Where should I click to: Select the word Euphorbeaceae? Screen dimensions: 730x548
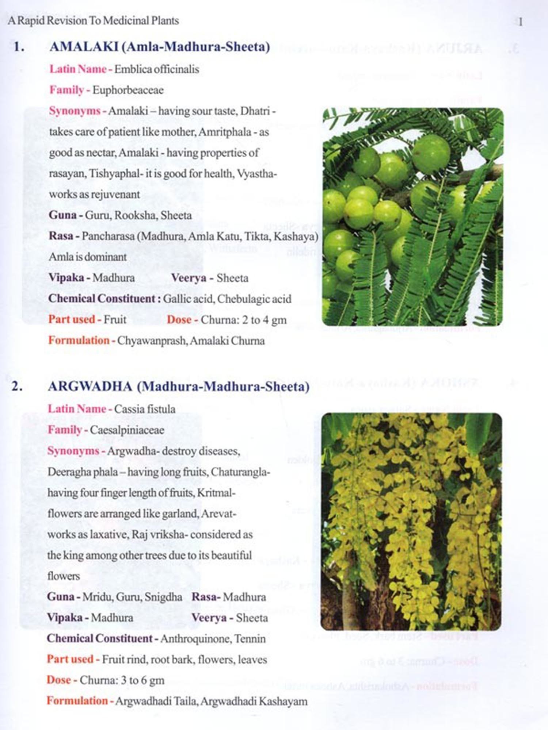coord(128,90)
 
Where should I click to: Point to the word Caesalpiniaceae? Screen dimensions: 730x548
coord(127,430)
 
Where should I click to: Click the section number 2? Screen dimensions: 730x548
coord(16,386)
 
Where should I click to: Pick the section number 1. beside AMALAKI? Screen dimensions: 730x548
coord(19,47)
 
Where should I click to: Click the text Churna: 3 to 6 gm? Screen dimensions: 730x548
coord(122,680)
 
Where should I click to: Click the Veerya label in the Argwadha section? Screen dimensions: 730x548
coord(209,618)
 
